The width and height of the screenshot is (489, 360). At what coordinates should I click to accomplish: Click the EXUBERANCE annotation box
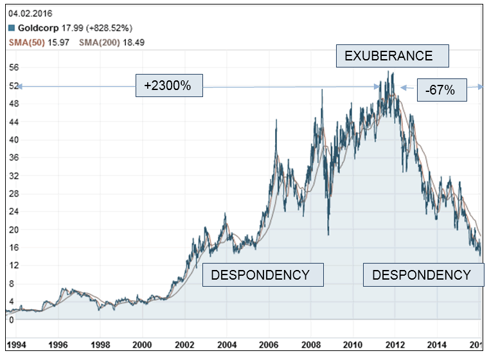(x=393, y=56)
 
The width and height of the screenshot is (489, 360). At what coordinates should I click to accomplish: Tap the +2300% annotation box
(x=169, y=85)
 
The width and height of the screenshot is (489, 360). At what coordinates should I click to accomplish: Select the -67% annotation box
(x=440, y=91)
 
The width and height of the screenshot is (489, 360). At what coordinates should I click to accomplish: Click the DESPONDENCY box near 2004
(x=263, y=275)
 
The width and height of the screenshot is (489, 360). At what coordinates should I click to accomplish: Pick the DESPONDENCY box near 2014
(x=422, y=275)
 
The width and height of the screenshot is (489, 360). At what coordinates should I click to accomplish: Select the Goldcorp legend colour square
(x=12, y=28)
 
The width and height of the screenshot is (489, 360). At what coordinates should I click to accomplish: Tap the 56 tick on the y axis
(x=13, y=67)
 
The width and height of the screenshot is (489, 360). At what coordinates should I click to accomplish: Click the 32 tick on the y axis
(x=13, y=175)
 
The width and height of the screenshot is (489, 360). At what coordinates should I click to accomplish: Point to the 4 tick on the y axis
(x=11, y=301)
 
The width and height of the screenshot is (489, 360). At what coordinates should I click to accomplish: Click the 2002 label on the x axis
(x=184, y=344)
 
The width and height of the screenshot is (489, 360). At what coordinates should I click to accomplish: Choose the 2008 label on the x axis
(x=311, y=344)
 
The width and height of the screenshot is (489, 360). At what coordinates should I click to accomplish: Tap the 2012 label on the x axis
(x=395, y=344)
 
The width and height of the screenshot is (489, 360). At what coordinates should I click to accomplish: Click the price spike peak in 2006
(x=276, y=120)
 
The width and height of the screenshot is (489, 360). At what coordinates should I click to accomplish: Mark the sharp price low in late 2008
(x=328, y=234)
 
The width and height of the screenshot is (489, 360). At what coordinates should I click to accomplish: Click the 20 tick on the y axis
(x=13, y=230)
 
